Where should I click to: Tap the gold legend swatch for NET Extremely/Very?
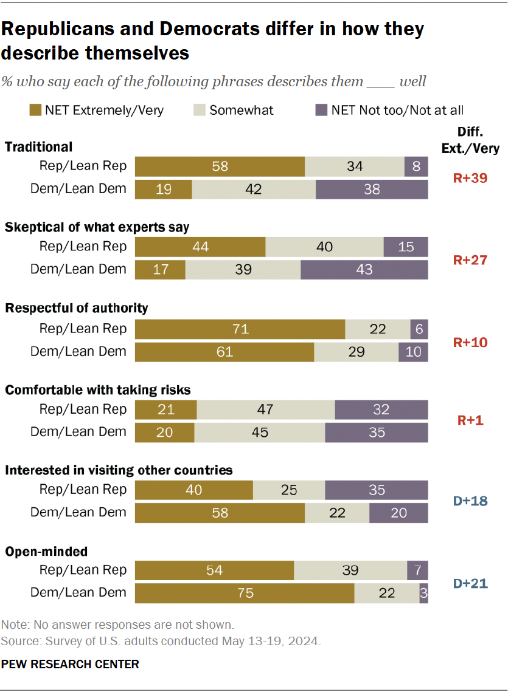(x=35, y=110)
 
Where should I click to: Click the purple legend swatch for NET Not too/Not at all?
(x=321, y=110)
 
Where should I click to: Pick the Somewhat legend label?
(x=242, y=110)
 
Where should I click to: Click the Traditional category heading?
(x=39, y=146)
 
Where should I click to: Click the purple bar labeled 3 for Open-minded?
(x=423, y=593)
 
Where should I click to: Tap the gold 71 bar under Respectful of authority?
(x=240, y=329)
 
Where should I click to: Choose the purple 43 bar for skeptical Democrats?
(x=364, y=269)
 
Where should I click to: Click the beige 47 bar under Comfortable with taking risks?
(x=265, y=409)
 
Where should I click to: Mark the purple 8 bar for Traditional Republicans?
(x=416, y=166)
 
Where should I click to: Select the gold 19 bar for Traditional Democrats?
(x=163, y=189)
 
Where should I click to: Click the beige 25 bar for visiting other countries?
(x=288, y=490)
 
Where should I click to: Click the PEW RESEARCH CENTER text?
(x=70, y=664)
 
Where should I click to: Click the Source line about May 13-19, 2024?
(x=161, y=641)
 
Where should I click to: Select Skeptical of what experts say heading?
(x=97, y=227)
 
